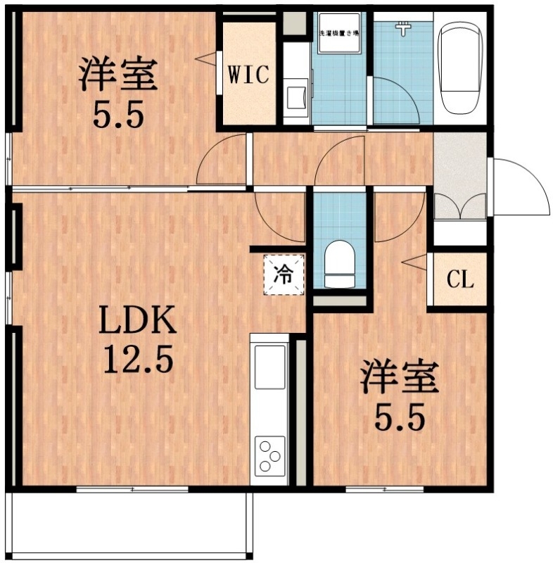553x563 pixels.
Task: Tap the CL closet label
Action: tap(460, 280)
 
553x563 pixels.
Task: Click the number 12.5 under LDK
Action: tap(137, 360)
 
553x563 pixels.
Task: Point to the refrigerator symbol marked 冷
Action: tap(284, 274)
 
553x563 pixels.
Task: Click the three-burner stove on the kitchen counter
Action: tap(270, 454)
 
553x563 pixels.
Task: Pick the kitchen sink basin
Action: tap(271, 366)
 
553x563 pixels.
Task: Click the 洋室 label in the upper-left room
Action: tap(117, 75)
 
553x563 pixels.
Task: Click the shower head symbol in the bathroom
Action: tap(403, 29)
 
